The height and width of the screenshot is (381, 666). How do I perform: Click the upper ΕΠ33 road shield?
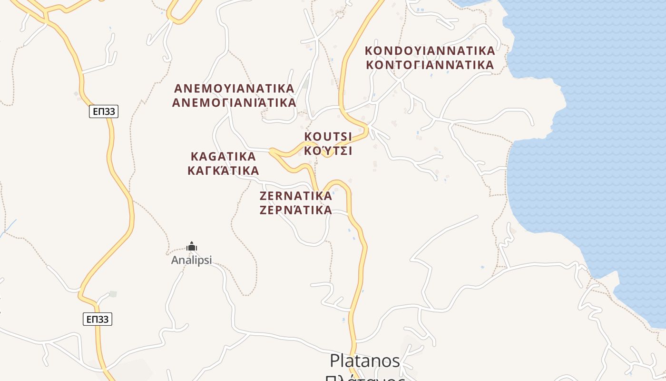point(103,111)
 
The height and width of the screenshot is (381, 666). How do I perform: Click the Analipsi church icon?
point(192,247)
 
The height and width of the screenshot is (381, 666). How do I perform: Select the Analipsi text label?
point(191,261)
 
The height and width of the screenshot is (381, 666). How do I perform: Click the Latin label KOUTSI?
point(328,137)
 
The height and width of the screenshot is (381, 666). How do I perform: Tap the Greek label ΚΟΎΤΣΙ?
point(328,151)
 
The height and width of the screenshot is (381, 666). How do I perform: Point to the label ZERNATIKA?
point(295,196)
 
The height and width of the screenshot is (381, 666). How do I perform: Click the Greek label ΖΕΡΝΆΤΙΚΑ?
point(295,210)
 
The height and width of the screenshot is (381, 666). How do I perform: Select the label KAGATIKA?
point(223,156)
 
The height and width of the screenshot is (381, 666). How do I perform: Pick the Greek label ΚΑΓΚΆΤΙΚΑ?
point(223,170)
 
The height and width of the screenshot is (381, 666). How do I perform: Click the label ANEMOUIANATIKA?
point(234,89)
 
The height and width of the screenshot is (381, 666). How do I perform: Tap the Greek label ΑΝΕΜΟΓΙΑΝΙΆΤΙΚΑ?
point(234,102)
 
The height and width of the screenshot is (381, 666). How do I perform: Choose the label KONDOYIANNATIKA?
point(430,50)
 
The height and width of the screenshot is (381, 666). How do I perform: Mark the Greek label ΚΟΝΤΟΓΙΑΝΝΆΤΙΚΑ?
point(430,65)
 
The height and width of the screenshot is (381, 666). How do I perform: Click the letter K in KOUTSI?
point(308,137)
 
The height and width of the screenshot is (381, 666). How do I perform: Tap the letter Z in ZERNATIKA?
point(264,196)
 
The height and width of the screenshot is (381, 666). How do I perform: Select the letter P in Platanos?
point(334,361)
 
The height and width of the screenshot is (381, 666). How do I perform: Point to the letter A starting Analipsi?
point(175,261)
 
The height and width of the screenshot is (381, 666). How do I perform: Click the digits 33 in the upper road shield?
point(110,111)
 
